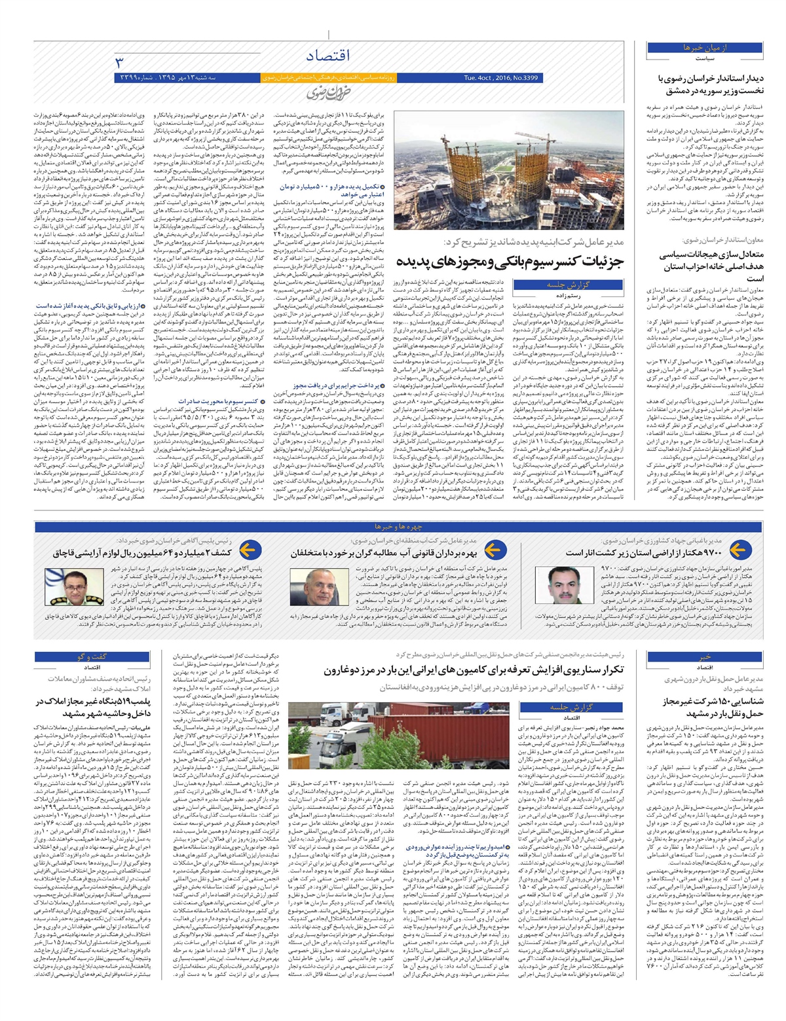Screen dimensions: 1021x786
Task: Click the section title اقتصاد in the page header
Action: pos(327,56)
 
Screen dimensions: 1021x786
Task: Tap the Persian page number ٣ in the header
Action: pos(119,62)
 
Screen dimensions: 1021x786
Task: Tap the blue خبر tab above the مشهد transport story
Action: pos(704,656)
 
